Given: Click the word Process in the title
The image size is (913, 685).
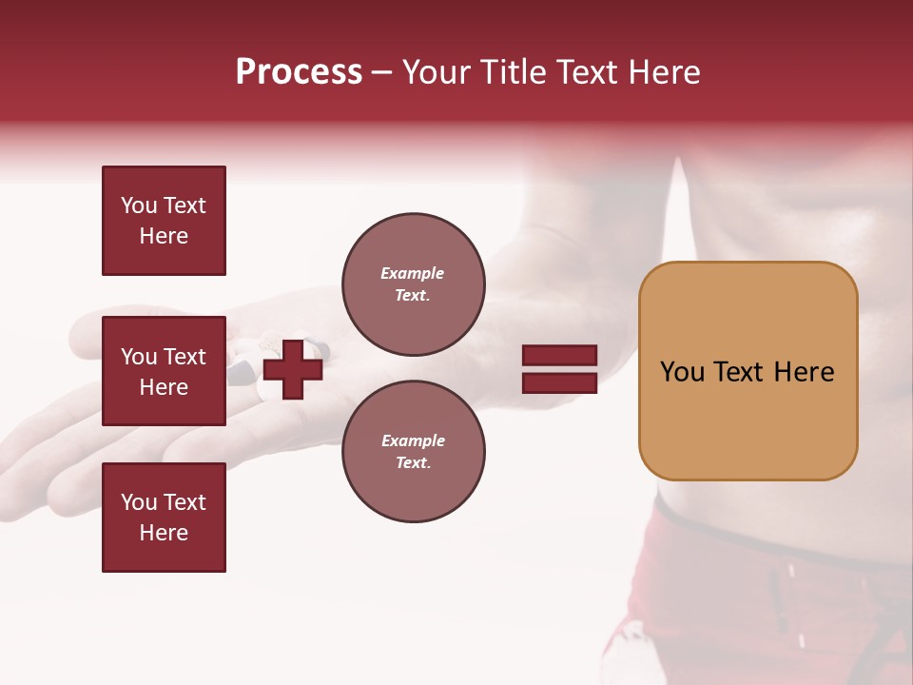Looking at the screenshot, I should (299, 72).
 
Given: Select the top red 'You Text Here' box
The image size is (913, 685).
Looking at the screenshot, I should (164, 221).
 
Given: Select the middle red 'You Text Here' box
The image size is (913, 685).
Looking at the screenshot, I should (164, 371).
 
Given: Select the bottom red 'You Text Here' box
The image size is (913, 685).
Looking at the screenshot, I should (164, 518).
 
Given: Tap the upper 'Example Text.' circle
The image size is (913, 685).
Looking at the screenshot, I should (413, 284).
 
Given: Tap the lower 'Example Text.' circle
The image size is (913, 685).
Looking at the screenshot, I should (413, 451).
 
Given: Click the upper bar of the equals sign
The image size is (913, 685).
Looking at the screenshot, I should (559, 356).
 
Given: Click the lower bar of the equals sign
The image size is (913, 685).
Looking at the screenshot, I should (559, 382).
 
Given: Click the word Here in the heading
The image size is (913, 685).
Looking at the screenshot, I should (664, 72).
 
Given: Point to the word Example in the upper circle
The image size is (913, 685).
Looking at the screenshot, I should (412, 274).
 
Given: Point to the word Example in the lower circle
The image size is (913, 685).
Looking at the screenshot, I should (412, 440).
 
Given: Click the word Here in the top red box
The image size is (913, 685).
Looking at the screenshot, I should (164, 236).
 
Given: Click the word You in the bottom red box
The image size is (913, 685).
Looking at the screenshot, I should (139, 502).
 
